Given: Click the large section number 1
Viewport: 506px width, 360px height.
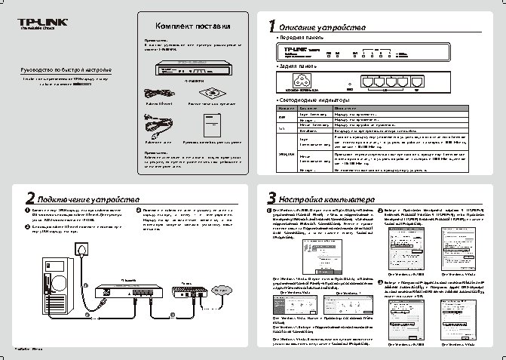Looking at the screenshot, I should pos(272,26).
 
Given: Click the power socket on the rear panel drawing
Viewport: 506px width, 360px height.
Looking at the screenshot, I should pos(311,82).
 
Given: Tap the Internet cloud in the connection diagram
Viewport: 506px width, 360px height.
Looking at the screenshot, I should pos(221,290).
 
